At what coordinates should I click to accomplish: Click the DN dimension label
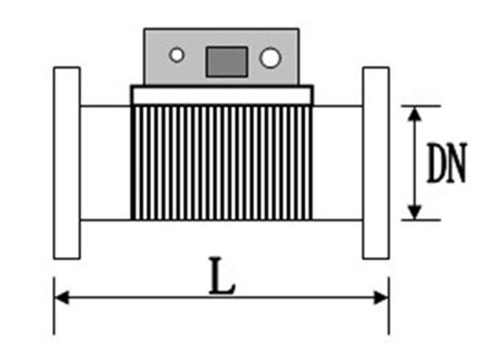tap(446, 163)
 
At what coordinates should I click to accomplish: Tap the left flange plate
tap(66, 163)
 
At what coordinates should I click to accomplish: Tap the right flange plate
tap(375, 163)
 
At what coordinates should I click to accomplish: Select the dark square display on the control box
tap(226, 61)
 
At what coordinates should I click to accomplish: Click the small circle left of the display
tap(177, 56)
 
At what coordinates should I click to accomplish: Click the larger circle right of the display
tap(270, 58)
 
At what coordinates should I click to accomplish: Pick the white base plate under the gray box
tap(222, 95)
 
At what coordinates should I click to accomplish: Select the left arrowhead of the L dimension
tap(60, 297)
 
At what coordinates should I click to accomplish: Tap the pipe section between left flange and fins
tap(105, 163)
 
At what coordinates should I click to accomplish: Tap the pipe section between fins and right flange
tap(337, 163)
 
